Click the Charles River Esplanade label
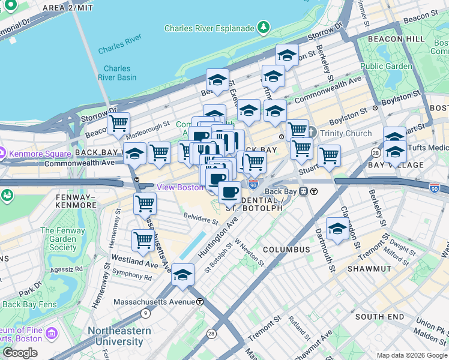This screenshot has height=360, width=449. pyautogui.click(x=208, y=28)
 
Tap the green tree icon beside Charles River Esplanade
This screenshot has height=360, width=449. pyautogui.click(x=262, y=28)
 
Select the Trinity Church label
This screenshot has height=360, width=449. pyautogui.click(x=346, y=133)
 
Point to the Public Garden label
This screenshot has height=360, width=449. pyautogui.click(x=386, y=66)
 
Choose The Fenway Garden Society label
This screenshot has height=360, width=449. pyautogui.click(x=58, y=239)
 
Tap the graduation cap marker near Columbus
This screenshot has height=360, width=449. pyautogui.click(x=337, y=229)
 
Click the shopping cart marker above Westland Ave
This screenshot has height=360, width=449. pyautogui.click(x=143, y=241)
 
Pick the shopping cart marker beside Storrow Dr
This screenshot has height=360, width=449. pyautogui.click(x=119, y=124)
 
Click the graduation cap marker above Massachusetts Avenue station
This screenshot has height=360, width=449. pyautogui.click(x=183, y=275)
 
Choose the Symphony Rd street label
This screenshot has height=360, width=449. pyautogui.click(x=132, y=277)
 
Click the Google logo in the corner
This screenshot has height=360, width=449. pyautogui.click(x=20, y=352)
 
